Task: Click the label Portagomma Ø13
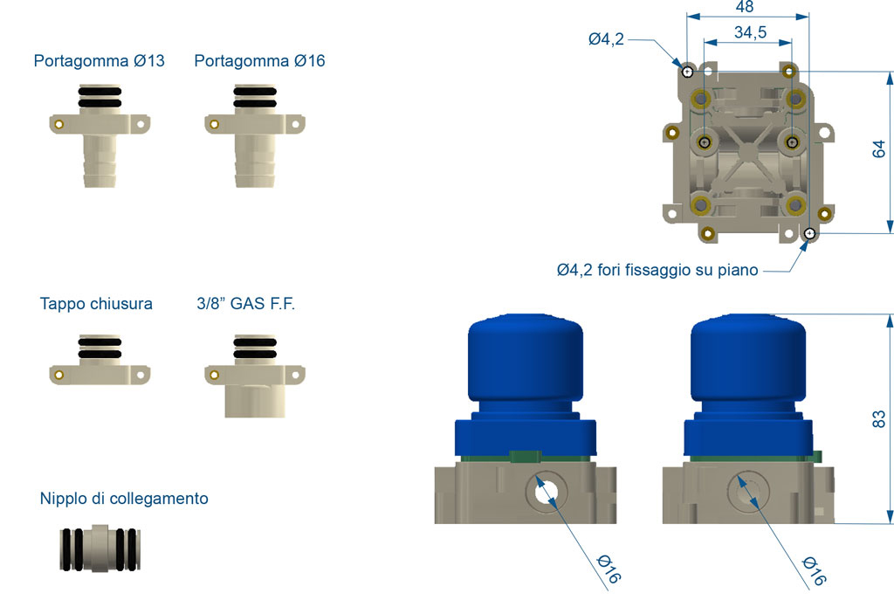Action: tap(99, 61)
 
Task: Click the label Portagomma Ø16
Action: tap(259, 61)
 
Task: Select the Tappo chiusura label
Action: tap(96, 304)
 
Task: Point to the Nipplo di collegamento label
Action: tap(124, 499)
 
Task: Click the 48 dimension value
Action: tap(745, 7)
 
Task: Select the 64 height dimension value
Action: tap(879, 148)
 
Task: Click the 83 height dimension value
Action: tap(879, 418)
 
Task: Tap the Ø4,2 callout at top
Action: tap(606, 38)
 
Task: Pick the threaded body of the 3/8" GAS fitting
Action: tap(255, 399)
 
